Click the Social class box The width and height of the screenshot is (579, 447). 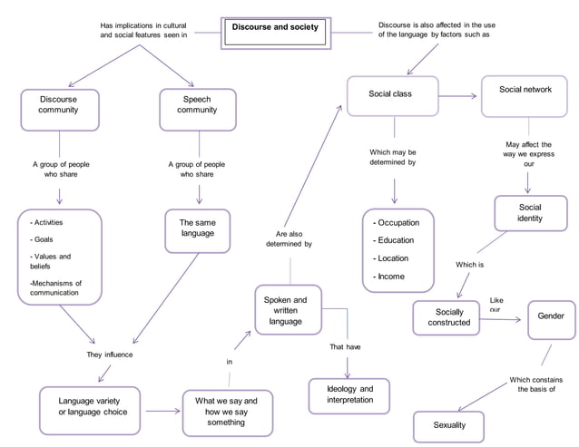[392, 95]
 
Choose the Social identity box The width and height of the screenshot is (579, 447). [529, 213]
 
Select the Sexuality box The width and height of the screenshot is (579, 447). [449, 425]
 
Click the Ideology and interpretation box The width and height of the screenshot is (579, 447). [349, 394]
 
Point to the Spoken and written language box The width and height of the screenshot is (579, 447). [286, 310]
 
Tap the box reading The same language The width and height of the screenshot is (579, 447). [197, 228]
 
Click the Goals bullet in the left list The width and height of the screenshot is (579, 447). [43, 238]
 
